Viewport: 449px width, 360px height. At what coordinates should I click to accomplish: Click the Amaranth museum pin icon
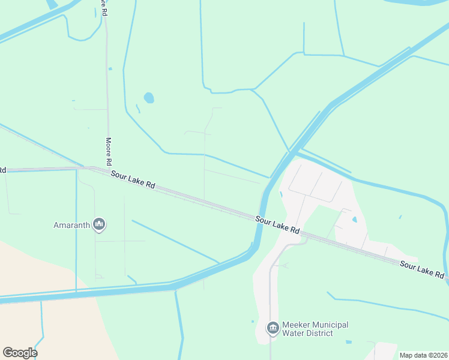[x=99, y=225]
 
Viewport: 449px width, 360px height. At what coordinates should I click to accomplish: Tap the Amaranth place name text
[x=71, y=226]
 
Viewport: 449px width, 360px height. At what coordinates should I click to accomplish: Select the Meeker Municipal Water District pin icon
[x=273, y=328]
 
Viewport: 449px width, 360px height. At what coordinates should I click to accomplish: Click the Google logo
[x=20, y=352]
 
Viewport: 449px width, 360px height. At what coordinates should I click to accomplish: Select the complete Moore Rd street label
[x=109, y=151]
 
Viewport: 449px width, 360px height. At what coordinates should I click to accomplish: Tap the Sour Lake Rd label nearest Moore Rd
[x=133, y=179]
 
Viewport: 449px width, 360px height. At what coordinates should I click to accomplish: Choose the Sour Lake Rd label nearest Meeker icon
[x=277, y=225]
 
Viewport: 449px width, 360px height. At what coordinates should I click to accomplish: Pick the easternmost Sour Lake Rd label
[x=423, y=269]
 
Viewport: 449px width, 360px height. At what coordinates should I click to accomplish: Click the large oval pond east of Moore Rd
[x=148, y=97]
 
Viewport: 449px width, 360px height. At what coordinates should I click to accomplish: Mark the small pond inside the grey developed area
[x=355, y=220]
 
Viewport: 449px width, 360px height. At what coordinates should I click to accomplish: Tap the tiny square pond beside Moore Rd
[x=110, y=69]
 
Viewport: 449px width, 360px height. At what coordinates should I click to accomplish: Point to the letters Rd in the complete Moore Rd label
[x=109, y=161]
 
